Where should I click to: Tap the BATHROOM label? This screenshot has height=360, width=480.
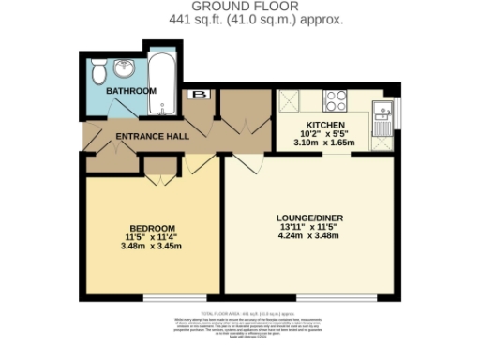coord(130,91)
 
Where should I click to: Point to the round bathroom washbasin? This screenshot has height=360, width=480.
coord(126,67)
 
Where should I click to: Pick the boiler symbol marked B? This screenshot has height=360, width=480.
coord(198,95)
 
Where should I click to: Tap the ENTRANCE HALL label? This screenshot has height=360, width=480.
coord(152,137)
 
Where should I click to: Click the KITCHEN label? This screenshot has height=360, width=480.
coord(325,125)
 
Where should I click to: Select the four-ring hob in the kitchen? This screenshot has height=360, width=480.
coord(336,98)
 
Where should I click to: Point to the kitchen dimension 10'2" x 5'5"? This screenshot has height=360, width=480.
coord(325,135)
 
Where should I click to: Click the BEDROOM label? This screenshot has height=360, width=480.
coord(152,228)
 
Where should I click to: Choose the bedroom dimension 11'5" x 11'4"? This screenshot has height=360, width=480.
coord(152,238)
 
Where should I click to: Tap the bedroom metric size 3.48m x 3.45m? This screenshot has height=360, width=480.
coord(152,248)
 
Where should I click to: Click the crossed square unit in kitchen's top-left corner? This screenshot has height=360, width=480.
coord(287,98)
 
